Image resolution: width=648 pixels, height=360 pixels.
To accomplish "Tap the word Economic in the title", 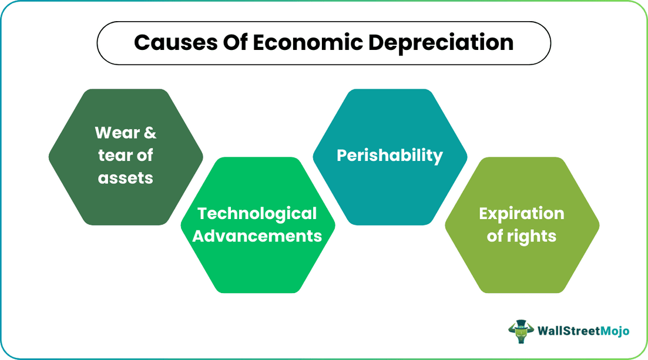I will pyautogui.click(x=296, y=42).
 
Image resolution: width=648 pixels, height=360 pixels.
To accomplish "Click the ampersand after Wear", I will pyautogui.click(x=150, y=133).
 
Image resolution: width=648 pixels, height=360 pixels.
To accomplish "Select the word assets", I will pyautogui.click(x=125, y=177).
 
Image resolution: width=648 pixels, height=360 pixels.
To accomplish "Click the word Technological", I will pyautogui.click(x=257, y=213).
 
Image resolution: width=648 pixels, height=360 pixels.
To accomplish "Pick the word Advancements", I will pyautogui.click(x=257, y=235).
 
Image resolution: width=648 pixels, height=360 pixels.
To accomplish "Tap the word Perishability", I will pyautogui.click(x=390, y=155).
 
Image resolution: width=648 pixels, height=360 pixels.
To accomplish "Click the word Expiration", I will pyautogui.click(x=522, y=213).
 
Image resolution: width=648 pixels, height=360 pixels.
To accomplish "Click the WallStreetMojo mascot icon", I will pyautogui.click(x=521, y=331).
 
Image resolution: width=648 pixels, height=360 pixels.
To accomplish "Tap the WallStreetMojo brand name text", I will pyautogui.click(x=583, y=331).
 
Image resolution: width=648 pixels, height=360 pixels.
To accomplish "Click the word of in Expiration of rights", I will pyautogui.click(x=495, y=235).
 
